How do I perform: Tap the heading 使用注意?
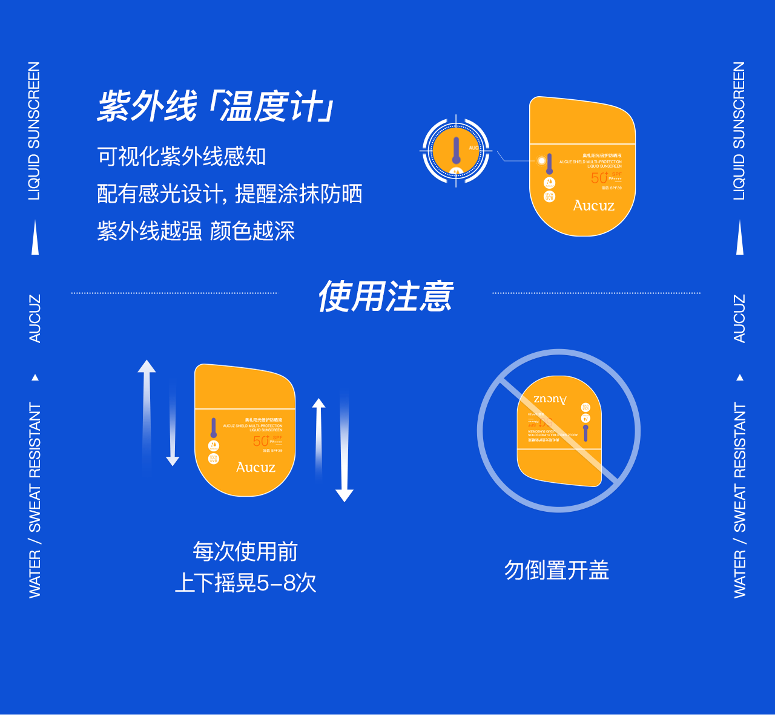point(385,296)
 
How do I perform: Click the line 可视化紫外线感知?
point(182,157)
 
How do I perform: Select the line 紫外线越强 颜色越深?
point(196,231)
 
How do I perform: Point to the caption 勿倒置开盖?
point(556,570)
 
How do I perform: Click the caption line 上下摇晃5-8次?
point(245,583)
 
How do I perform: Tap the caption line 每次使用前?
point(245,552)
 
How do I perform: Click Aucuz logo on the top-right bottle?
point(593,206)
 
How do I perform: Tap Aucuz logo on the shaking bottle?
point(256,467)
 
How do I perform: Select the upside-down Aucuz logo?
point(550,399)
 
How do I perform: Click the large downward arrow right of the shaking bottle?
point(344,448)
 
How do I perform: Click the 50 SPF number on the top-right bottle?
point(599,178)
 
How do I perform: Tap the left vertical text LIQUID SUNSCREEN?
point(35,131)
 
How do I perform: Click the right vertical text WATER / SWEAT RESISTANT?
point(739,500)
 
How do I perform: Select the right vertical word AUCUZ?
point(739,319)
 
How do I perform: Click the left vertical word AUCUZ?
point(35,319)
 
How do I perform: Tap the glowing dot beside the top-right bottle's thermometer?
point(541,160)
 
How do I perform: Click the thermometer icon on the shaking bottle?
point(214,428)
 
